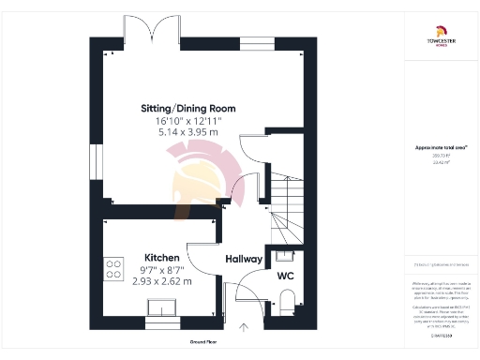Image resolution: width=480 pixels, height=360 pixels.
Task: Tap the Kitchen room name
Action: [x=161, y=257]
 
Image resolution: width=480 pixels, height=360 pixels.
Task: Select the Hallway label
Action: [x=244, y=258]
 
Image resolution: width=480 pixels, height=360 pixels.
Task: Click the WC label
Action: [x=286, y=277]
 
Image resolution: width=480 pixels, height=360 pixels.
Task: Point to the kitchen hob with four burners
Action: [x=113, y=270]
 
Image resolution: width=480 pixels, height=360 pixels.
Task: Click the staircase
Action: [x=286, y=202]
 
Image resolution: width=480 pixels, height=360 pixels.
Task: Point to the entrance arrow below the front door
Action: [x=244, y=327]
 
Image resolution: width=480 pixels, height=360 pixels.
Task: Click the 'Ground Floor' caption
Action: [x=204, y=343]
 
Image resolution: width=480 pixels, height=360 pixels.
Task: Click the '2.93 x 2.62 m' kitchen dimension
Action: [x=161, y=280]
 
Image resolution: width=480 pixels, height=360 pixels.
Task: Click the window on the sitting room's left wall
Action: [x=95, y=158]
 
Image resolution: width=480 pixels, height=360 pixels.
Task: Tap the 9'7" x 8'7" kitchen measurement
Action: [x=161, y=269]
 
